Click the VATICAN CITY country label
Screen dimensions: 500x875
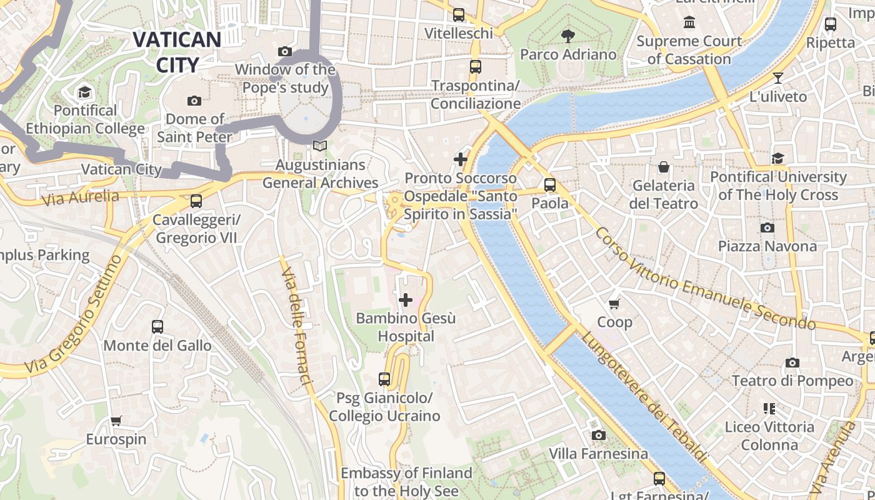coord(177,52)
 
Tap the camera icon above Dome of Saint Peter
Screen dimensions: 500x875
coord(194,101)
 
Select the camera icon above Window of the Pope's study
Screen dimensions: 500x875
coord(285,51)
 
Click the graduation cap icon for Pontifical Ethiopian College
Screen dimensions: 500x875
coord(84,93)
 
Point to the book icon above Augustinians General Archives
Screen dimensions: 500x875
coord(320,146)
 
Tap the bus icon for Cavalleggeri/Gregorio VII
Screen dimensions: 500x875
coord(196,201)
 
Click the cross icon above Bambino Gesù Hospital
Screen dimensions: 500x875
coord(406,300)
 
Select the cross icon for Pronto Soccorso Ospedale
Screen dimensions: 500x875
coord(461,159)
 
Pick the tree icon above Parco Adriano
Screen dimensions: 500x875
coord(568,36)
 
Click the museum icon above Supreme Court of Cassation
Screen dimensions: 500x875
coord(689,23)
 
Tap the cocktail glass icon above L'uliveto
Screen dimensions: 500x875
coord(778,78)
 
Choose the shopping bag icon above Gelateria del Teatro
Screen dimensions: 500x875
coord(663,167)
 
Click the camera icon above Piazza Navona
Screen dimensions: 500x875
coord(767,228)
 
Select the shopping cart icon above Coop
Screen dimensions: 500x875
coord(614,304)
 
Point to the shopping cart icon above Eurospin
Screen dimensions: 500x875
coord(116,421)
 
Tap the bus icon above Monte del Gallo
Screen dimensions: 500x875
coord(157,327)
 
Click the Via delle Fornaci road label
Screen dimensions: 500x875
coord(296,327)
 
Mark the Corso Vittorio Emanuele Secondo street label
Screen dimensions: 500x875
coord(705,279)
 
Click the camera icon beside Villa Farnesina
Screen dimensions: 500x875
coord(598,435)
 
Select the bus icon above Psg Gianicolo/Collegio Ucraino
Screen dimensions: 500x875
coord(384,379)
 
